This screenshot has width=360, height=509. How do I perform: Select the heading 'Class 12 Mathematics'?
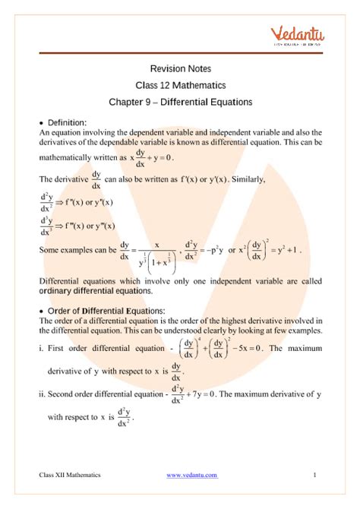180,84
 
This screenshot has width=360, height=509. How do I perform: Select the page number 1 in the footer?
314,475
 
